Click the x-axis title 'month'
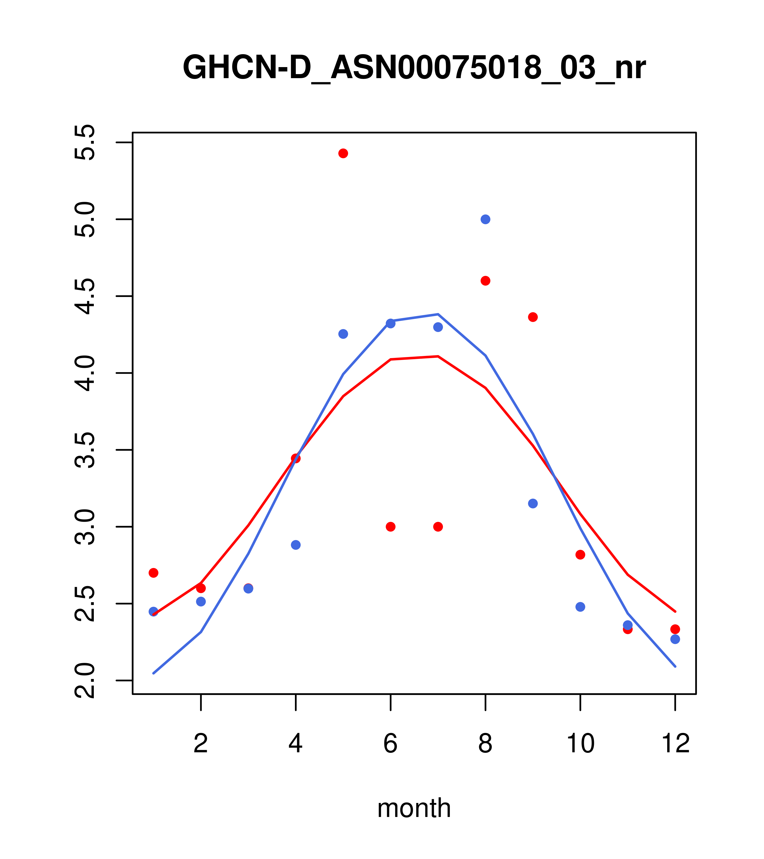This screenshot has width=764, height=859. pyautogui.click(x=414, y=808)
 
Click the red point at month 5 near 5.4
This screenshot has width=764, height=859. pyautogui.click(x=343, y=153)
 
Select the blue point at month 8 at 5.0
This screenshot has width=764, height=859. pyautogui.click(x=485, y=219)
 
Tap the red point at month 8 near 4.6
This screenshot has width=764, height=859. pyautogui.click(x=485, y=281)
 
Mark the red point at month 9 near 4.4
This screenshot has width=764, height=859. pyautogui.click(x=533, y=317)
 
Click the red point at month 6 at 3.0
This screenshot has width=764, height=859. pyautogui.click(x=391, y=527)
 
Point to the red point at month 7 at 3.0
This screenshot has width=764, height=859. pyautogui.click(x=438, y=527)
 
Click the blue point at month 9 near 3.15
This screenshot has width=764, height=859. pyautogui.click(x=533, y=504)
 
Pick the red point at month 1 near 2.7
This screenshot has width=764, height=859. pyautogui.click(x=153, y=573)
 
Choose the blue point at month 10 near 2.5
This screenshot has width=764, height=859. pyautogui.click(x=580, y=607)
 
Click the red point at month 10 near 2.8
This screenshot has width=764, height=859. pyautogui.click(x=580, y=555)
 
